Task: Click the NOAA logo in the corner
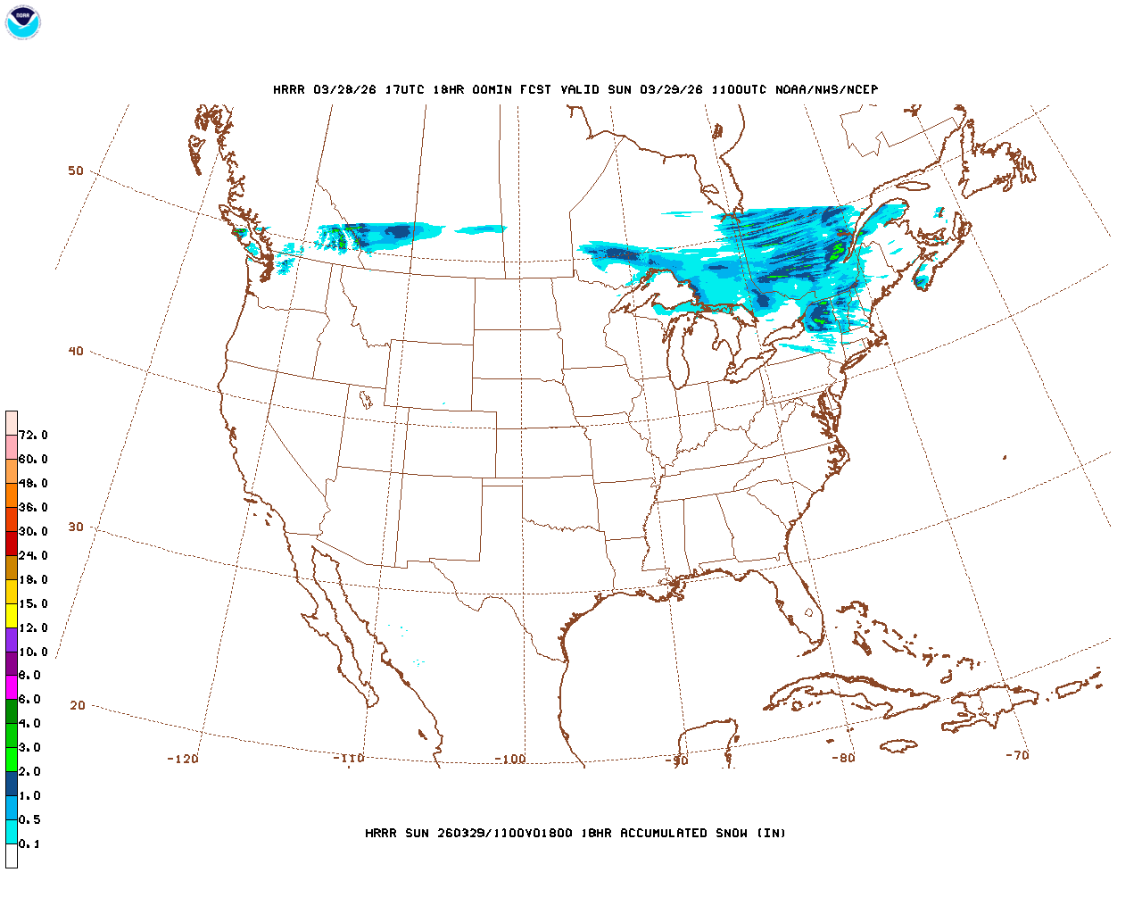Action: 22,22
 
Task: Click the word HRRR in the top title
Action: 289,89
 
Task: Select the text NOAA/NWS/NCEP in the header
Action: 826,89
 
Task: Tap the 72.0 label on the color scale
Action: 33,436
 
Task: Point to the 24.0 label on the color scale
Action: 33,556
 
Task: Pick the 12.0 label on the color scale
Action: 33,628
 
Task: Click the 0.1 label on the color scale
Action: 29,844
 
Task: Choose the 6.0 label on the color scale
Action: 29,700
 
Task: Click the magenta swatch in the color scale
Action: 12,687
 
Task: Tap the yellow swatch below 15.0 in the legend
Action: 12,615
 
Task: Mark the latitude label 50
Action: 76,170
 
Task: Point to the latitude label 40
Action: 76,351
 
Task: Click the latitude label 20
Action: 78,705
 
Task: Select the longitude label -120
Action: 183,759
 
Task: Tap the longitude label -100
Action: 510,759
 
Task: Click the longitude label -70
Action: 1017,755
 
